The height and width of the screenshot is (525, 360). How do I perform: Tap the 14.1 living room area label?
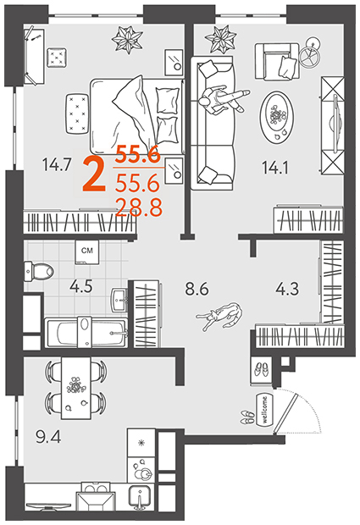pyautogui.click(x=275, y=168)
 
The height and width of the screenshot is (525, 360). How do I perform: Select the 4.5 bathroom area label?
pyautogui.click(x=81, y=286)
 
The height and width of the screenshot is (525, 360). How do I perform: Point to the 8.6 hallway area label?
pyautogui.click(x=197, y=289)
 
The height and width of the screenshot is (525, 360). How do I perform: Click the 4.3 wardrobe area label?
pyautogui.click(x=287, y=289)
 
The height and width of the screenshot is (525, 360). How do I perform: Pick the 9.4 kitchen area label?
pyautogui.click(x=48, y=437)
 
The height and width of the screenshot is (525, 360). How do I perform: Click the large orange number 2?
pyautogui.click(x=94, y=175)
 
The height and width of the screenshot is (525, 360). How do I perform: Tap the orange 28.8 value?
pyautogui.click(x=139, y=207)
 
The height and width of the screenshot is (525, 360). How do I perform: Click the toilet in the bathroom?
pyautogui.click(x=38, y=271)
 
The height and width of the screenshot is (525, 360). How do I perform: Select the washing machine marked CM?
pyautogui.click(x=87, y=252)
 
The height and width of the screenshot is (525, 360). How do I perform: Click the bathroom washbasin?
pyautogui.click(x=119, y=300)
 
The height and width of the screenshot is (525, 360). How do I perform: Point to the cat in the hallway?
pyautogui.click(x=220, y=316)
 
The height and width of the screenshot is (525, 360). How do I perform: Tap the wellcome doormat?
pyautogui.click(x=265, y=410)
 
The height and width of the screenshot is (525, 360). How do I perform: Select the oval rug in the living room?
pyautogui.click(x=277, y=118)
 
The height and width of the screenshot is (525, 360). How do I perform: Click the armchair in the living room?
pyautogui.click(x=277, y=62)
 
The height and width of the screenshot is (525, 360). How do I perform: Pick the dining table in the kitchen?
pyautogui.click(x=75, y=388)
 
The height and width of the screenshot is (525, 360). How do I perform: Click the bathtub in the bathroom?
pyautogui.click(x=86, y=332)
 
